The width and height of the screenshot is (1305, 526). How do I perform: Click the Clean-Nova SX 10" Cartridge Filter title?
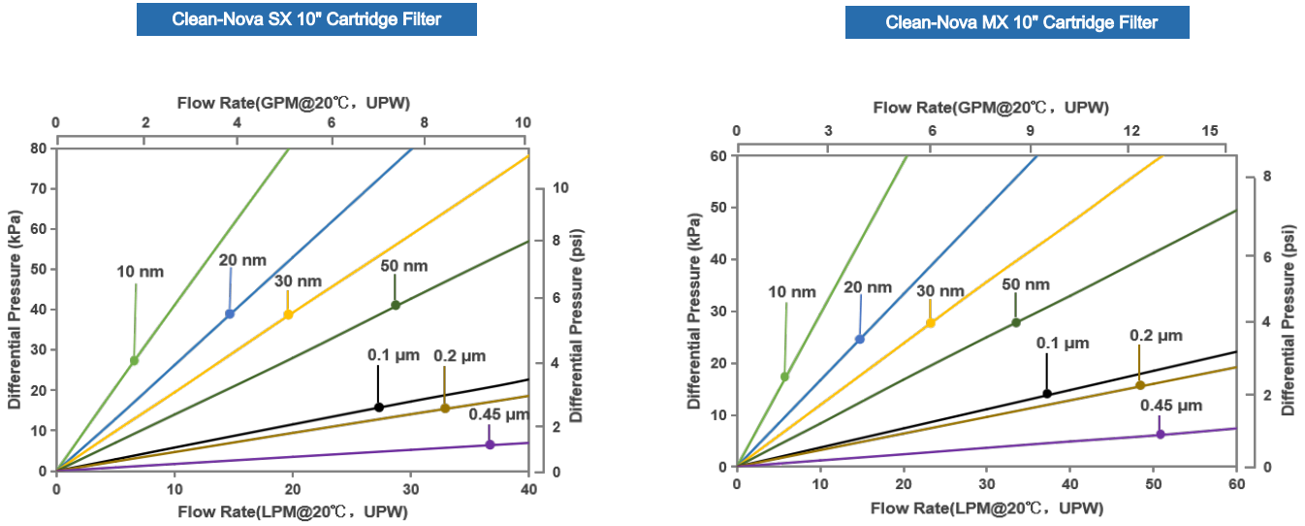point(306,19)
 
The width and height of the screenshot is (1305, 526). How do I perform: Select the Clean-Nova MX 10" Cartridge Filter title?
point(1017,22)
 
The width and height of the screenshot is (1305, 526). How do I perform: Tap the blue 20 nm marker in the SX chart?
point(230,313)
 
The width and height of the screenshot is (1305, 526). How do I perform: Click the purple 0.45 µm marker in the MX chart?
point(1160,434)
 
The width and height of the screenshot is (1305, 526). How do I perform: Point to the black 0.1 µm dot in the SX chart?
point(379,407)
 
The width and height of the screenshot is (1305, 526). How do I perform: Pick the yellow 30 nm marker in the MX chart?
point(931,323)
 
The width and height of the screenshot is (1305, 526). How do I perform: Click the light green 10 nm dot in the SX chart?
point(135,360)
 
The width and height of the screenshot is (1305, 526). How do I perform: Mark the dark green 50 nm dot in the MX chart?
point(1016,322)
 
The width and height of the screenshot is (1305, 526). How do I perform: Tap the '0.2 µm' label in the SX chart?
point(460,355)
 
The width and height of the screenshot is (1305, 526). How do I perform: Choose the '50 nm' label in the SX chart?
point(398,265)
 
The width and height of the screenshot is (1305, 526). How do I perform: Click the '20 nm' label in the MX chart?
point(868,287)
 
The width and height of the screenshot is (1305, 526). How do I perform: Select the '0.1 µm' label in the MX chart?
point(1063,343)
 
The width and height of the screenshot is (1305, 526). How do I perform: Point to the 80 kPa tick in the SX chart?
point(39,148)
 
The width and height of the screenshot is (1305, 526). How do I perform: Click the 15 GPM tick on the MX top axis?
point(1210,131)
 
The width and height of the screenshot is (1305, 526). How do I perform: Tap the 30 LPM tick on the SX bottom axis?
point(410,487)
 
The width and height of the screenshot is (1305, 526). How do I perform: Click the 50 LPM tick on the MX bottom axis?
point(1153,483)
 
